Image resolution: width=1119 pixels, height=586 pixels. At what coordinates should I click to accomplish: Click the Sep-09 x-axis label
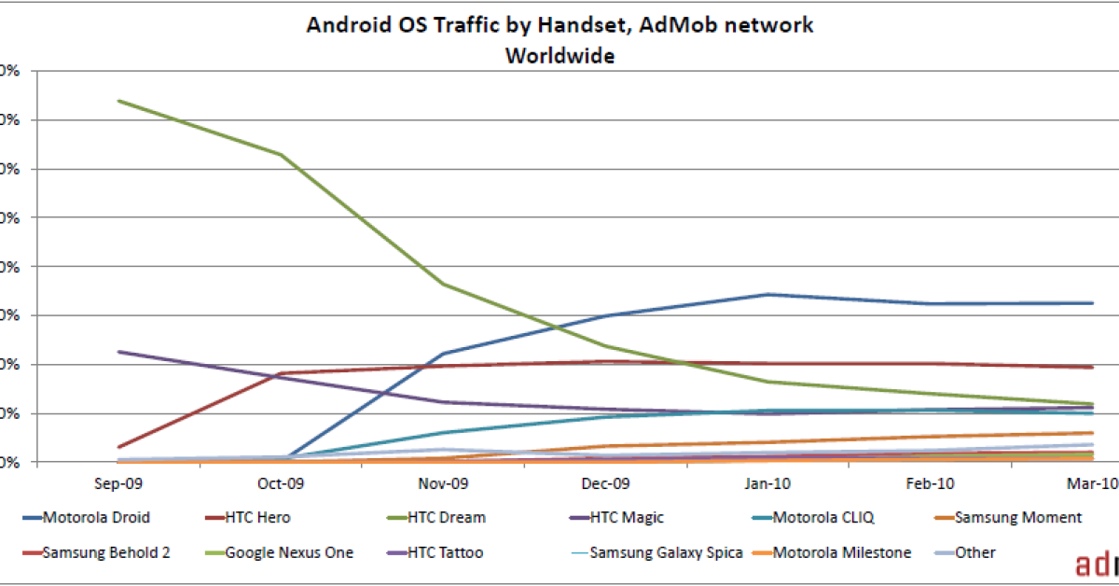pyautogui.click(x=119, y=483)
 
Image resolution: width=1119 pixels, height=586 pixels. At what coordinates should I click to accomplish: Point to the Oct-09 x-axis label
pyautogui.click(x=281, y=483)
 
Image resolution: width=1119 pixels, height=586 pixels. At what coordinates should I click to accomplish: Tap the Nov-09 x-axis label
pyautogui.click(x=444, y=483)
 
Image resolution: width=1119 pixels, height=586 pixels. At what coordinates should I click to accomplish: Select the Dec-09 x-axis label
pyautogui.click(x=606, y=483)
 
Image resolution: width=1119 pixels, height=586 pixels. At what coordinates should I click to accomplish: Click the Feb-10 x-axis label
pyautogui.click(x=931, y=483)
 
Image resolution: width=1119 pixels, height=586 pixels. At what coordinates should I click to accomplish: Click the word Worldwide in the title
pyautogui.click(x=559, y=55)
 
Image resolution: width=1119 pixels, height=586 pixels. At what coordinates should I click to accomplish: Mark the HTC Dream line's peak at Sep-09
pyautogui.click(x=119, y=101)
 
